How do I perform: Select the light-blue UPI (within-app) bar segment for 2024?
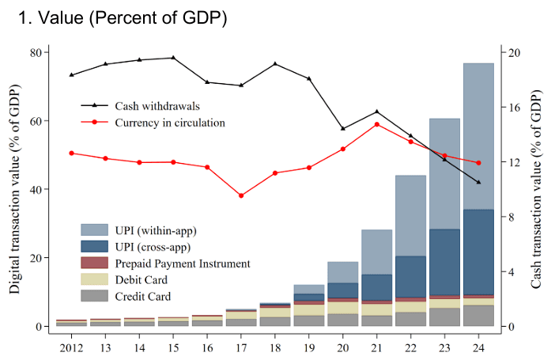[478, 136]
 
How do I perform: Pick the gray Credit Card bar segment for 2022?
[410, 319]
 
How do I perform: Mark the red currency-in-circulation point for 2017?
[241, 195]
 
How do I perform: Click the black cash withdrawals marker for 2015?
[173, 58]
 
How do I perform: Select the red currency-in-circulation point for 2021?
[377, 124]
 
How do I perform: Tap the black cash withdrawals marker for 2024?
[478, 183]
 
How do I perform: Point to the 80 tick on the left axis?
[36, 52]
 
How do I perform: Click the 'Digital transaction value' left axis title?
[15, 189]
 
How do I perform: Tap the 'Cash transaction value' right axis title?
[538, 189]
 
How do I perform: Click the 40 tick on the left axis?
[36, 189]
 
